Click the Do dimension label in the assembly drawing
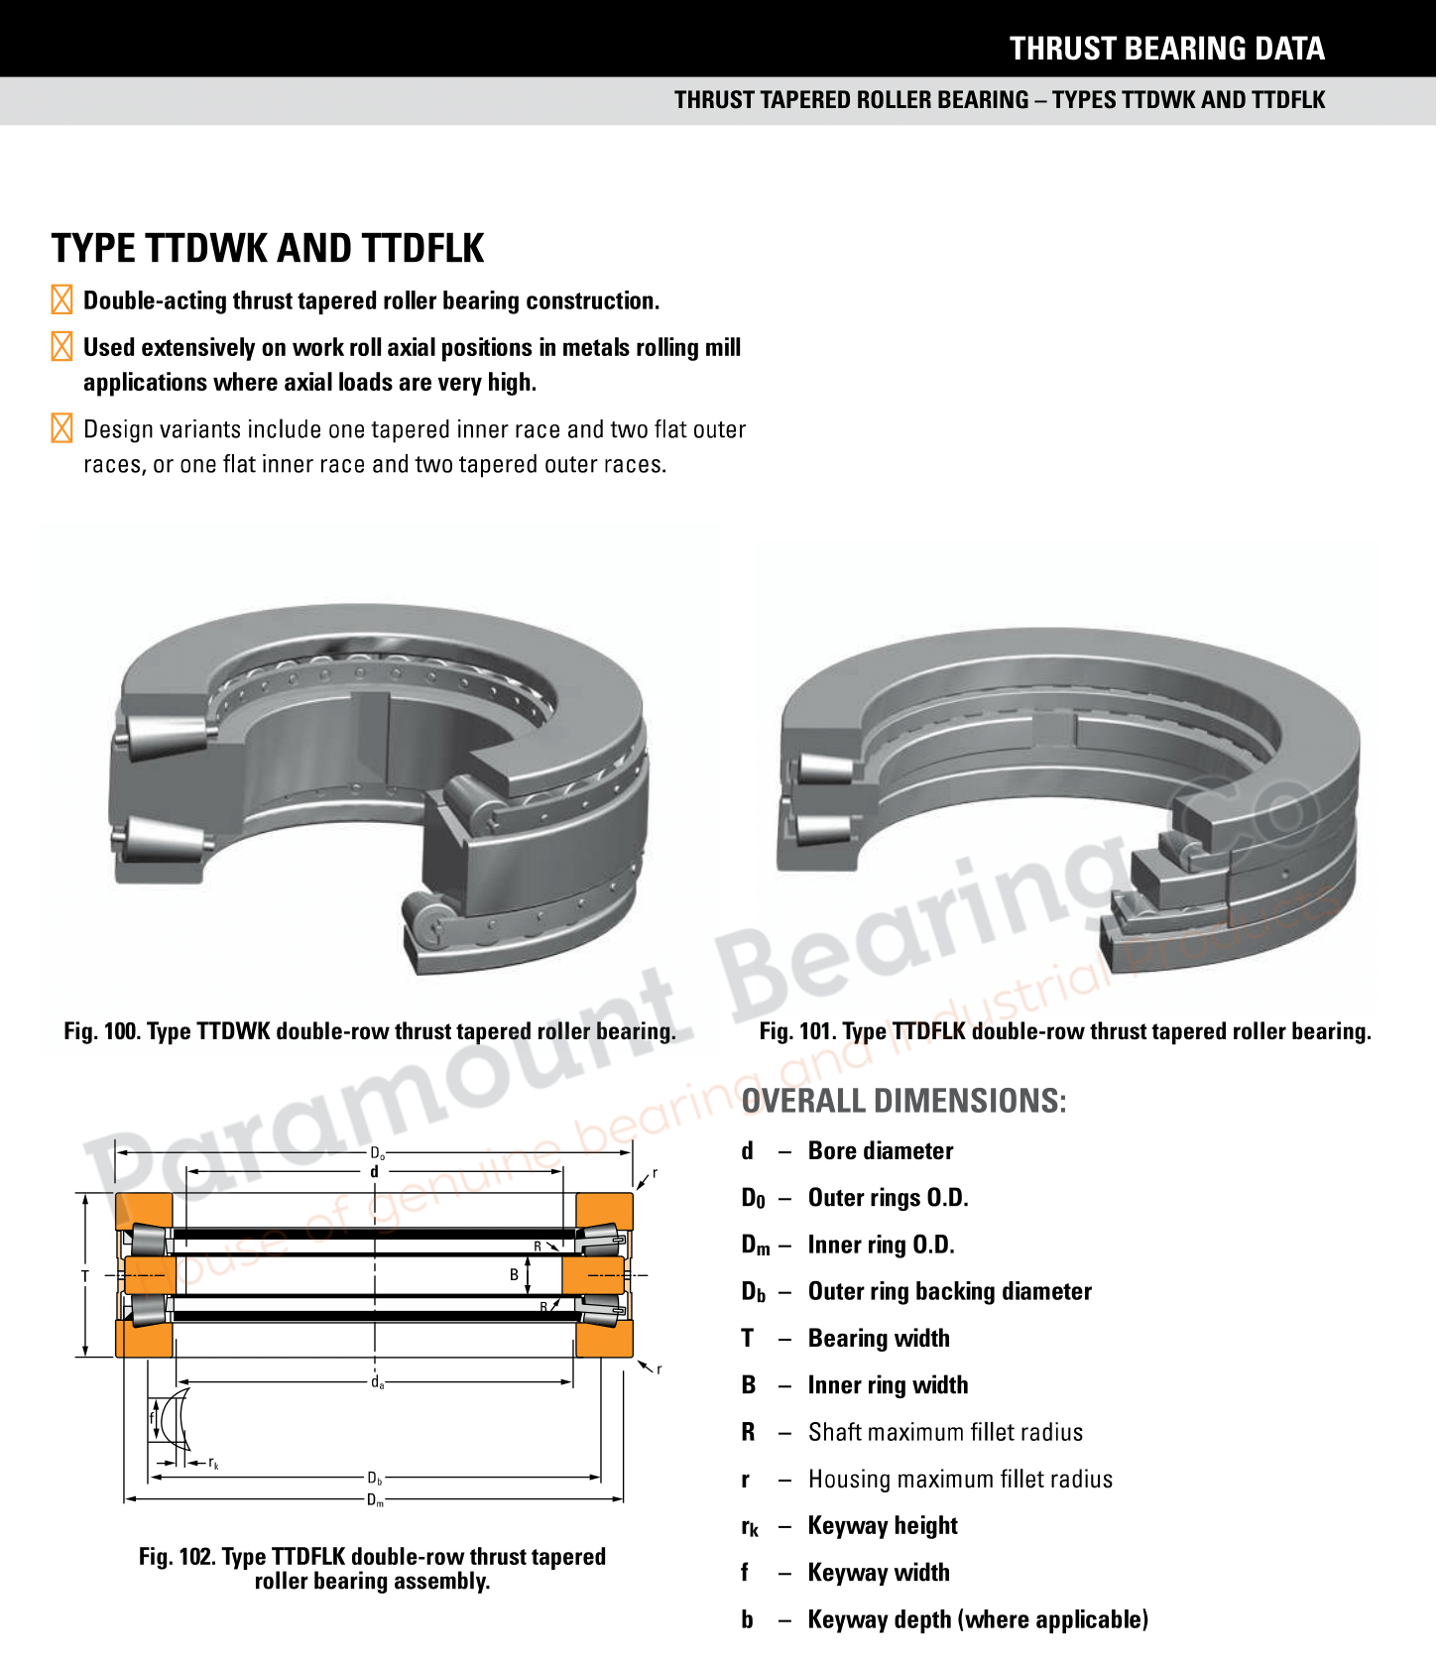point(377,1153)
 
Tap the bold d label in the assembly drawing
point(374,1172)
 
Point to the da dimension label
point(377,1382)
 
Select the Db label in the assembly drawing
point(375,1479)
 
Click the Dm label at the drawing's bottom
point(375,1500)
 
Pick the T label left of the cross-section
point(85,1276)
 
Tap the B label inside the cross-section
point(514,1274)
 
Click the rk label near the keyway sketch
point(213,1463)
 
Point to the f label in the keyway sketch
point(152,1418)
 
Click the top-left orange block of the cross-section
point(144,1211)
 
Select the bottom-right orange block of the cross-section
point(604,1339)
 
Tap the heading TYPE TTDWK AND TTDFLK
point(268,248)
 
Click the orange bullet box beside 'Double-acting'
point(61,299)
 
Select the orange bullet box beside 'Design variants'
point(61,428)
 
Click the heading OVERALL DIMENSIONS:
point(903,1101)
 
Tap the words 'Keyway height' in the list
point(883,1525)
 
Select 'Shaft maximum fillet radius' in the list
point(945,1432)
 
